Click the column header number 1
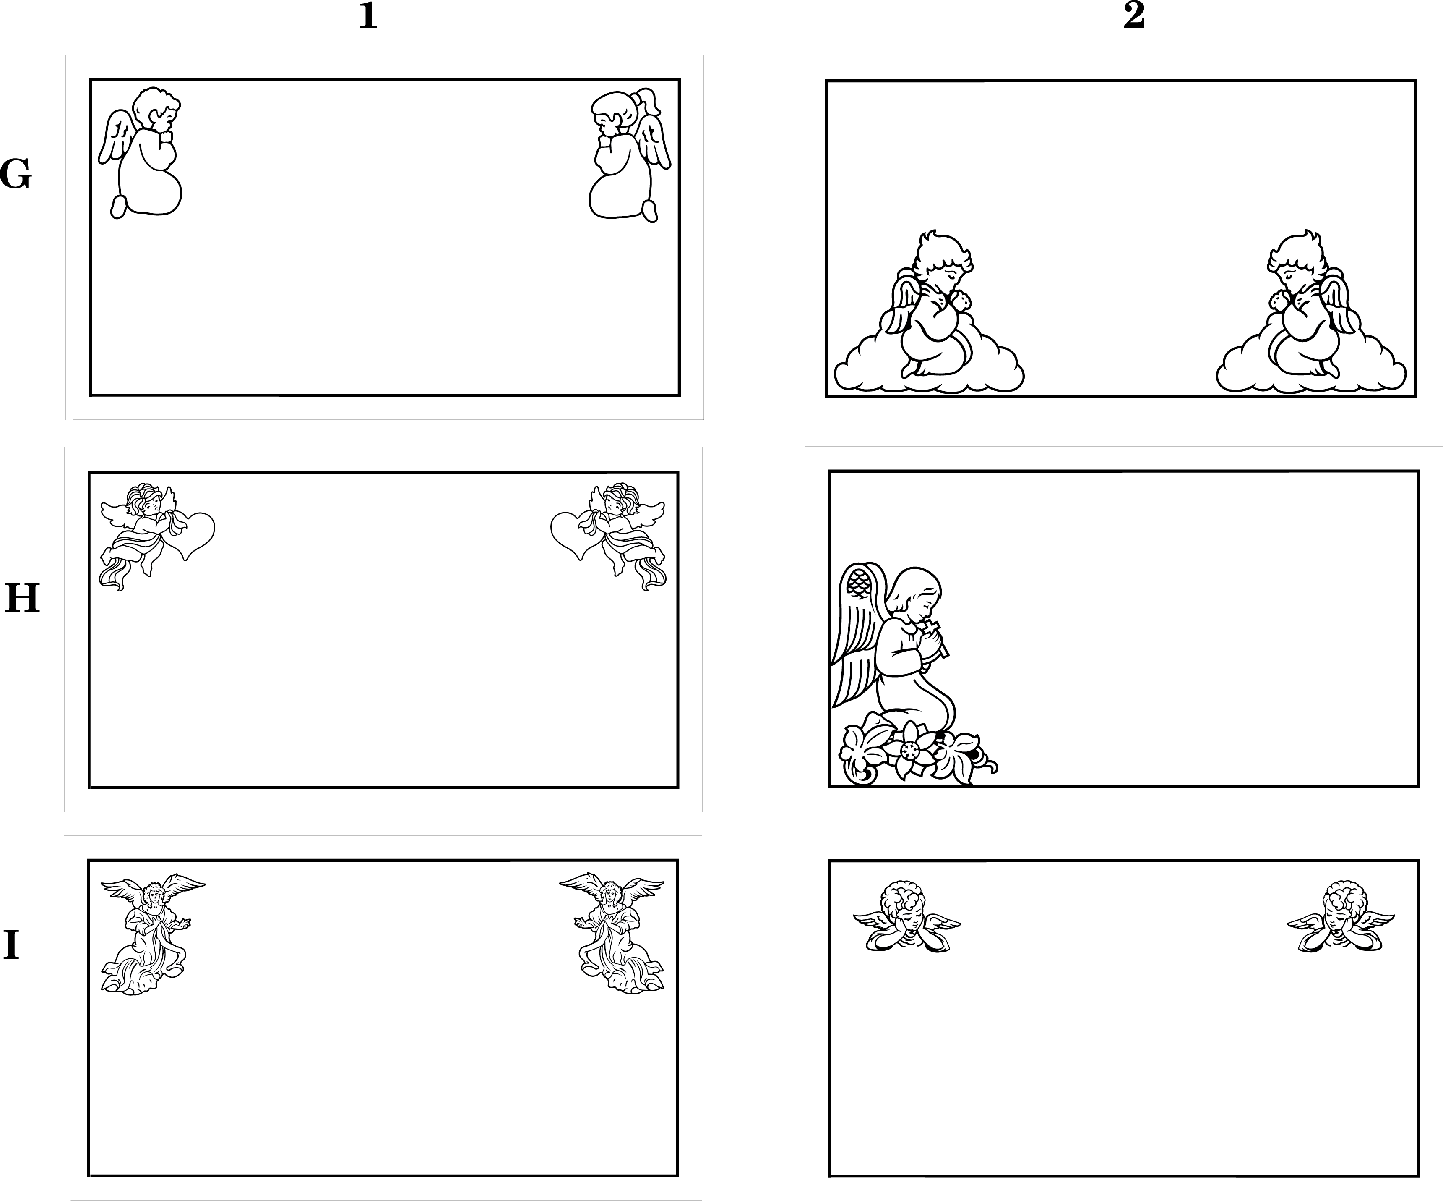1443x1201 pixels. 368,16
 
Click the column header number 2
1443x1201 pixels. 1134,16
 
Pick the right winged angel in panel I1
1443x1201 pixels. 612,934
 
